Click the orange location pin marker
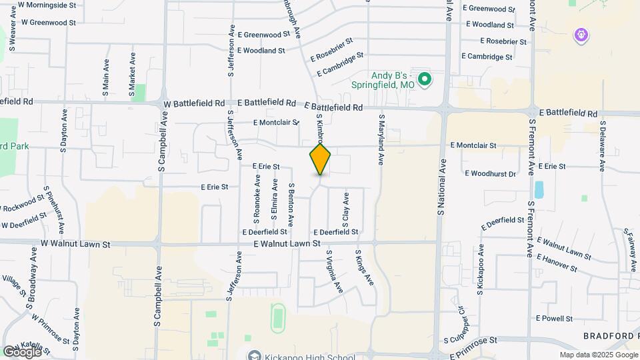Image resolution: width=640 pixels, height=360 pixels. click(x=320, y=159)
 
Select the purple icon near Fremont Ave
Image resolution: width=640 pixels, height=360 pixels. click(x=581, y=35)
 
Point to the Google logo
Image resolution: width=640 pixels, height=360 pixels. click(x=22, y=351)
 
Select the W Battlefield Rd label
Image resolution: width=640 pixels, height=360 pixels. click(x=193, y=104)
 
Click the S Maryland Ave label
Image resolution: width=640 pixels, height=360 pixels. click(x=382, y=139)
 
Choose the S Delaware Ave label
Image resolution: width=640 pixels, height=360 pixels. click(x=601, y=146)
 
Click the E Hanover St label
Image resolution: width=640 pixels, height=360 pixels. click(x=556, y=262)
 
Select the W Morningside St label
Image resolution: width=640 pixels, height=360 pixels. click(x=57, y=5)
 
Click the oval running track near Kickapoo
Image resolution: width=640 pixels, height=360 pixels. click(x=278, y=317)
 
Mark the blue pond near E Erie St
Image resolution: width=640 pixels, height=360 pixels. click(x=539, y=190)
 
